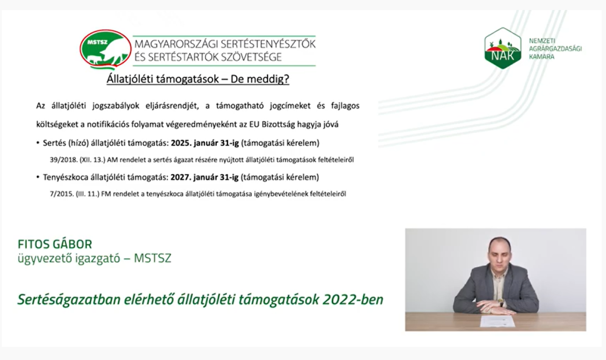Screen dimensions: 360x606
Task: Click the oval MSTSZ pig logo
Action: (x=106, y=50)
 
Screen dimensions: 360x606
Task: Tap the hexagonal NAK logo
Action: (x=503, y=49)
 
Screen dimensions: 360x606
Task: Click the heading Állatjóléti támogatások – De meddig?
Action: (x=198, y=80)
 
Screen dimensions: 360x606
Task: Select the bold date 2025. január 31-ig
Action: (x=205, y=143)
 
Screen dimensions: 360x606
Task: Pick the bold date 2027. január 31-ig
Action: (x=204, y=178)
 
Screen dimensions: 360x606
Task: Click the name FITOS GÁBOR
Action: (x=55, y=245)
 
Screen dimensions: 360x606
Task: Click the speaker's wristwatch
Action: (x=501, y=303)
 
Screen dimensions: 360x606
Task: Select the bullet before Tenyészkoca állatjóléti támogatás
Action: (x=38, y=178)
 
